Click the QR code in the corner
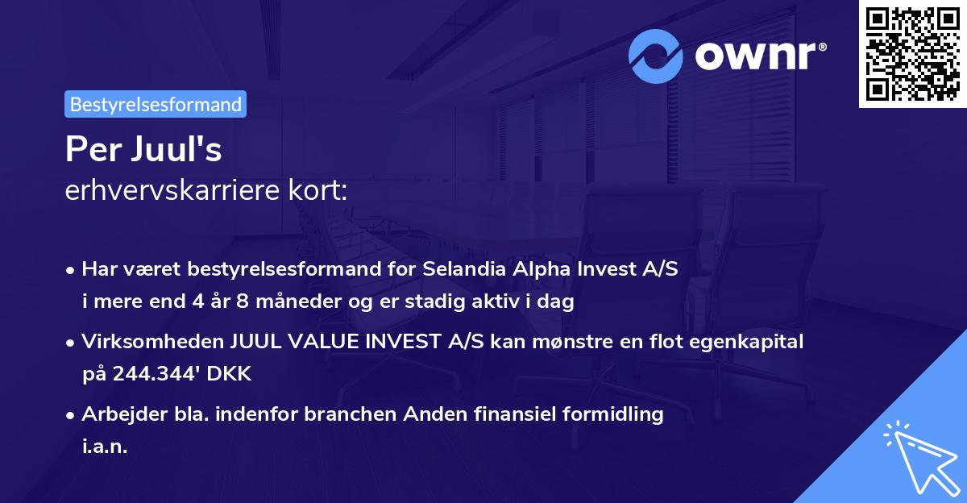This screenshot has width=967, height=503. coord(912,54)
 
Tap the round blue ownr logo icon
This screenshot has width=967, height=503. coord(655,56)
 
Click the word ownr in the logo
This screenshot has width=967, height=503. coord(758,56)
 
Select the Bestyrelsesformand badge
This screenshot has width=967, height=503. coord(156,104)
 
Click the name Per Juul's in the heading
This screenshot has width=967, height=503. coord(143,151)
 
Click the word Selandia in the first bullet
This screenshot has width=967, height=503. coord(459,269)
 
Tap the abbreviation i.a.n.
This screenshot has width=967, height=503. coord(105,446)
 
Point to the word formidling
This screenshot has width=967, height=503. coord(614,414)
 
